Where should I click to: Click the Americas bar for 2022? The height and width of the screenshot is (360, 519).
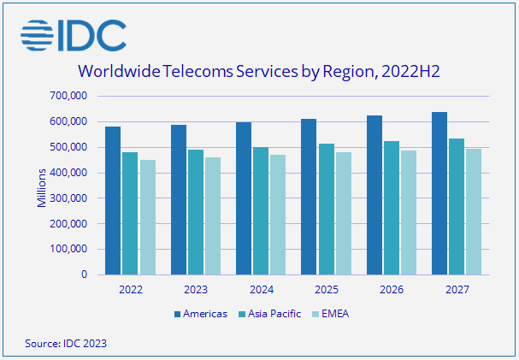pyautogui.click(x=113, y=201)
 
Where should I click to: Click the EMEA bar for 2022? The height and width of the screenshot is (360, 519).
pyautogui.click(x=147, y=217)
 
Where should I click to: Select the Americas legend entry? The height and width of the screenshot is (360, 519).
pyautogui.click(x=201, y=314)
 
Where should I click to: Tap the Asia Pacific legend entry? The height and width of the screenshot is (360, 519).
pyautogui.click(x=270, y=314)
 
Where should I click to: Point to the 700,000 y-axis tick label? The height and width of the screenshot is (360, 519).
pyautogui.click(x=68, y=96)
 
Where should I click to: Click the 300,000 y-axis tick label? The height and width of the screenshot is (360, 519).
pyautogui.click(x=68, y=198)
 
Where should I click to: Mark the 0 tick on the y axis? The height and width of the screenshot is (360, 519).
pyautogui.click(x=83, y=274)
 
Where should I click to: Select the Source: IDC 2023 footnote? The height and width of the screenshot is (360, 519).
pyautogui.click(x=67, y=343)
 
